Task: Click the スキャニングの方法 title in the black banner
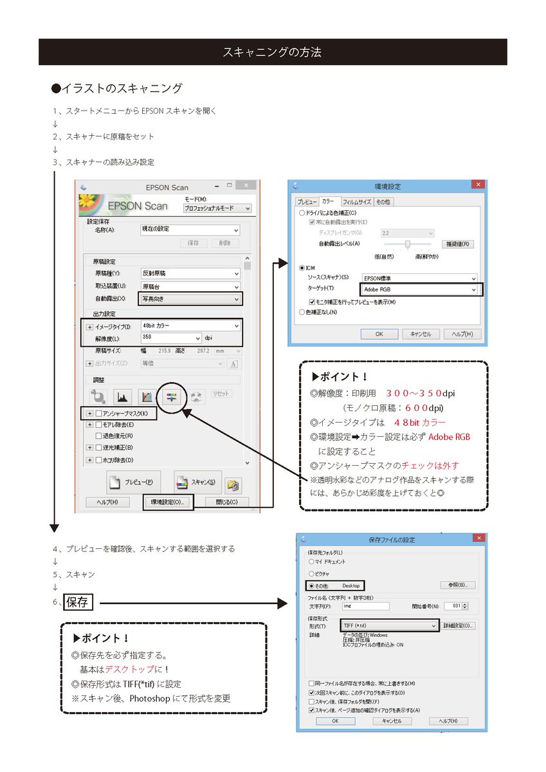(273, 52)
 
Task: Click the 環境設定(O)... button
(167, 502)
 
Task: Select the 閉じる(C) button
(226, 502)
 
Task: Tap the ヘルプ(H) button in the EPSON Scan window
(107, 502)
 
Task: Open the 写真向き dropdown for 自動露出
(190, 299)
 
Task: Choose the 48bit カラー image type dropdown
(190, 326)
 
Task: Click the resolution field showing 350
(170, 338)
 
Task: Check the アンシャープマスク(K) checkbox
(98, 413)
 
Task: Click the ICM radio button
(302, 267)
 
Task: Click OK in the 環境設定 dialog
(379, 334)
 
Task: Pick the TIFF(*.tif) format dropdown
(390, 625)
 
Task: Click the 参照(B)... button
(458, 585)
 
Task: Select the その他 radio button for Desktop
(312, 585)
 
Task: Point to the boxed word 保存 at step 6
(78, 603)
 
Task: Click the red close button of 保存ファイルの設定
(478, 537)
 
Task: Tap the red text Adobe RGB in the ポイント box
(449, 437)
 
